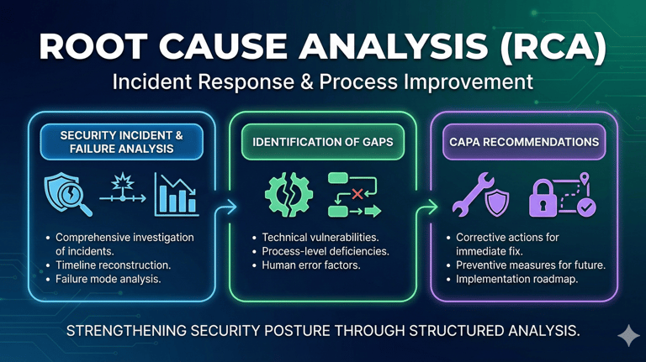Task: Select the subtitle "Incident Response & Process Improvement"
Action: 323,82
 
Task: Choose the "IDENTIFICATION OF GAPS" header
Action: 324,142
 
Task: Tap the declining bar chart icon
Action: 176,192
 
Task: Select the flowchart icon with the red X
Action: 352,194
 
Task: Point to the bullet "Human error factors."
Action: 311,265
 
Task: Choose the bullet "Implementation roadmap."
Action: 516,278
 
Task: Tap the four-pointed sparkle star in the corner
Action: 627,336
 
